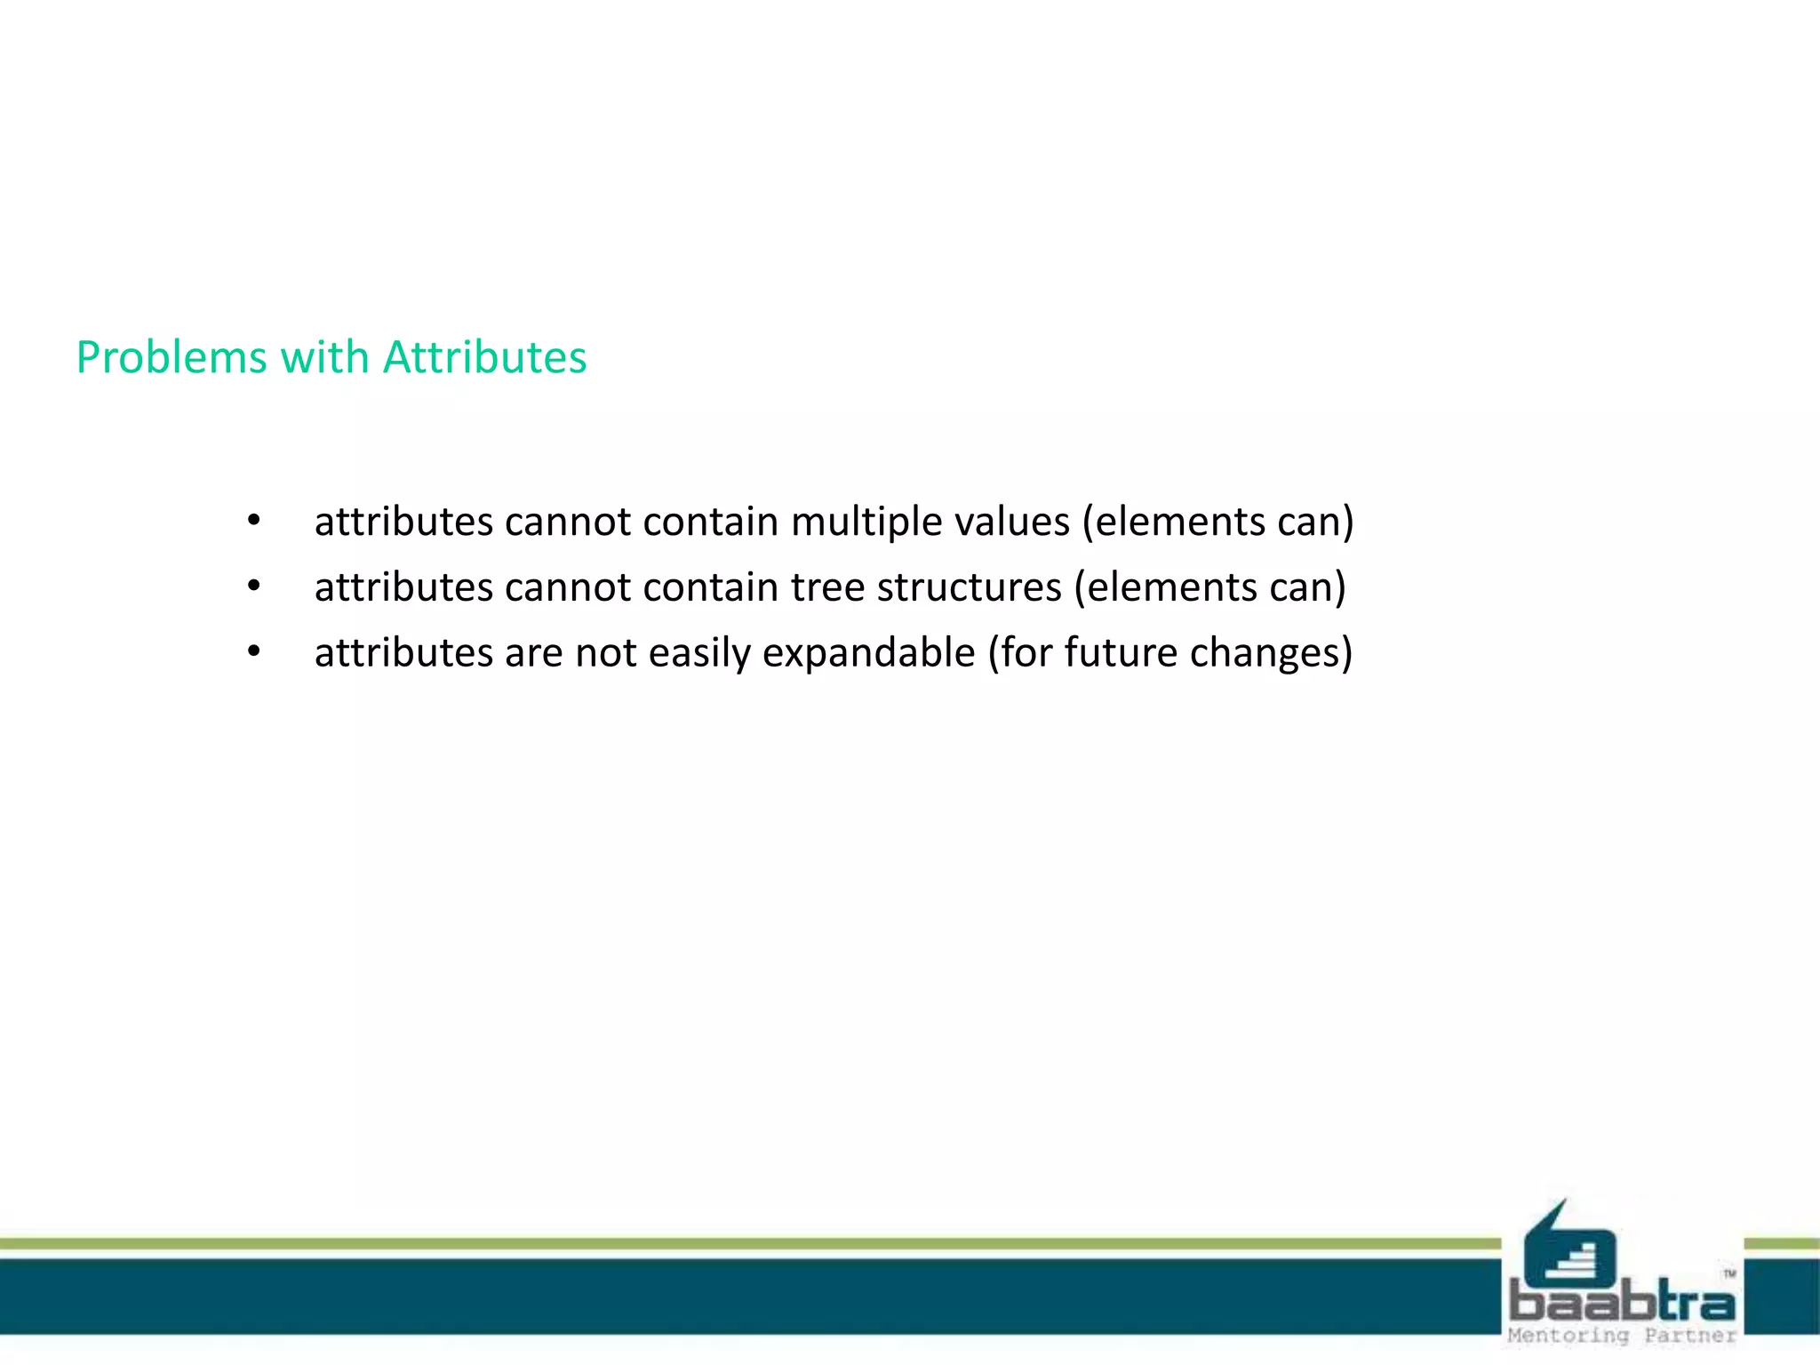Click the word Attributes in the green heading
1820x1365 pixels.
pyautogui.click(x=484, y=357)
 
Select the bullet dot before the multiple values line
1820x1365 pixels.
pyautogui.click(x=254, y=522)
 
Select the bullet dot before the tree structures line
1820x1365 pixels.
pyautogui.click(x=254, y=587)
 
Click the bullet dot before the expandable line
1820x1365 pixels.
pyautogui.click(x=254, y=653)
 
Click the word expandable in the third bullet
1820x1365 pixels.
pyautogui.click(x=868, y=653)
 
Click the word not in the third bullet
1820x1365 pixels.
pyautogui.click(x=606, y=653)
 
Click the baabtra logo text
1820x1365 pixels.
pyautogui.click(x=1622, y=1303)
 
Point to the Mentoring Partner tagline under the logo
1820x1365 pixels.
pyautogui.click(x=1622, y=1336)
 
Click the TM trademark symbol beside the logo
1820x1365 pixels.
pyautogui.click(x=1729, y=1274)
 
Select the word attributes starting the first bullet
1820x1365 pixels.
pyautogui.click(x=403, y=522)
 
